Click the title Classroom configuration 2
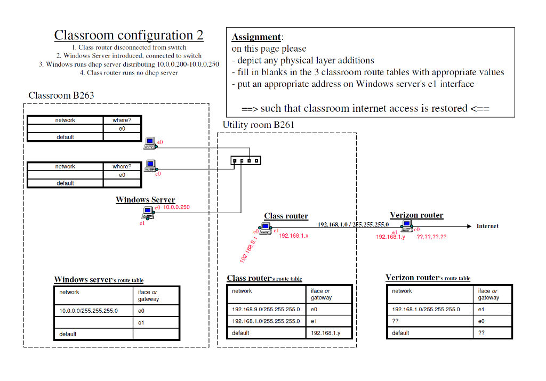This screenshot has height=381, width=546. pos(129,36)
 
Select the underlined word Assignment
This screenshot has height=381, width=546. pos(256,37)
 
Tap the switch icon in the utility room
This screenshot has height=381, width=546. pos(245,160)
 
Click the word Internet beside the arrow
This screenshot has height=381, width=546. pos(487,226)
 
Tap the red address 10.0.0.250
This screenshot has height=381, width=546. pos(176,207)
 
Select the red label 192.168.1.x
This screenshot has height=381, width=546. pos(294,236)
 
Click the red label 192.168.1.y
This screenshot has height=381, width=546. pos(390,237)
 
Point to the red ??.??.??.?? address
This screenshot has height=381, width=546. pos(431,237)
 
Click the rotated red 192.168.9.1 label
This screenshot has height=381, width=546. pos(248,249)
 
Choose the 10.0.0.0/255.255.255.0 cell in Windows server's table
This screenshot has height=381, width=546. pos(89,311)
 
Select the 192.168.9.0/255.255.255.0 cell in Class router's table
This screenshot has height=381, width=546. pos(266,309)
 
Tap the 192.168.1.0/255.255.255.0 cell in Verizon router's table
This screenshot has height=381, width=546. pos(425,309)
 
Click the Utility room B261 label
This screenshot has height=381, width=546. pos(259,125)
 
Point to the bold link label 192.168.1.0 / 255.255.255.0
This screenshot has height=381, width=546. pos(353,224)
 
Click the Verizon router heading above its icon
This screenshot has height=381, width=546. pos(416,215)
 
